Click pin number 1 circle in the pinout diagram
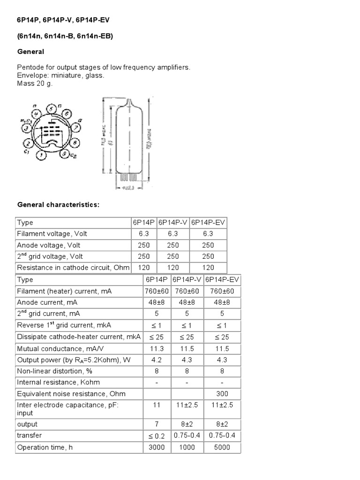42,154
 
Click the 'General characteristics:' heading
59,205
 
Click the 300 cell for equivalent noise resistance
222,394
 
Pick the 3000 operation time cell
157,447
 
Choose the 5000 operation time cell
222,447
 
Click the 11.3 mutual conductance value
157,349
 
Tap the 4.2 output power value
157,360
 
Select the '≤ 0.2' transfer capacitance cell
157,435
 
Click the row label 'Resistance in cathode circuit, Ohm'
72,268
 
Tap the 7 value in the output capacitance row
157,424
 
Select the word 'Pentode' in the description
30,67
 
